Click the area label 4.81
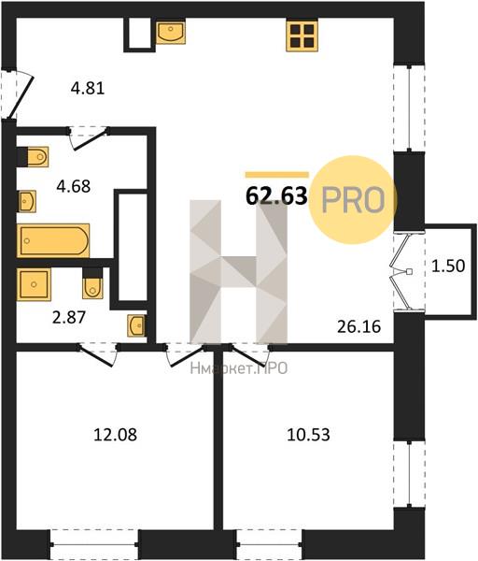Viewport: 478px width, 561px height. coord(88,89)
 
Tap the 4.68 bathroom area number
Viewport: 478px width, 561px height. coord(74,186)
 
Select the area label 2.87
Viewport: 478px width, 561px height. coord(69,317)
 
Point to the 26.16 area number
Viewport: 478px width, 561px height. coord(359,326)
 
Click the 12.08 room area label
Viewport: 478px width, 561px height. coord(115,435)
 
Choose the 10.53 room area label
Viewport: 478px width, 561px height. coord(309,435)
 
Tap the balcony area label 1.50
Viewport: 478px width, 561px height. coord(448,266)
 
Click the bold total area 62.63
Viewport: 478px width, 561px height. coord(276,196)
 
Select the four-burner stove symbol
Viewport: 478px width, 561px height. coord(302,36)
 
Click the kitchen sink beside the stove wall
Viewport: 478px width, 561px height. coord(171,32)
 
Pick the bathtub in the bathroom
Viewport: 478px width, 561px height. coord(53,240)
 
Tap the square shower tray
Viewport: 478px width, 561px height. coord(34,285)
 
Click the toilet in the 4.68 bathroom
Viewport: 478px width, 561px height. coord(33,157)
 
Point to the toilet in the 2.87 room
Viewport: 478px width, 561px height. coord(92,283)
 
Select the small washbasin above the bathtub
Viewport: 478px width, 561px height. coord(26,201)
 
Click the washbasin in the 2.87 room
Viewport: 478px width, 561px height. coord(137,325)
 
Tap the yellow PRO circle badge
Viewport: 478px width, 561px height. coord(353,200)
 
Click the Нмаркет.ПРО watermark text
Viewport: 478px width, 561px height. coord(239,368)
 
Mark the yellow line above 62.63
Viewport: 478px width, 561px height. coord(276,175)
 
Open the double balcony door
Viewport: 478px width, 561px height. coord(401,272)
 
